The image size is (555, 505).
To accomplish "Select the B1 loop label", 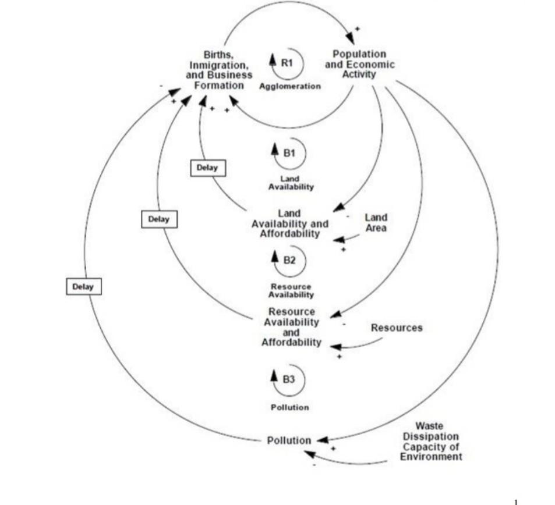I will click(x=289, y=153).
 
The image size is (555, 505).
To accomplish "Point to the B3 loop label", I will click(x=289, y=379).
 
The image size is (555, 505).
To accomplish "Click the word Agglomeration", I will click(x=289, y=86).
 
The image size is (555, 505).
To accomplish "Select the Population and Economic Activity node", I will click(x=359, y=64).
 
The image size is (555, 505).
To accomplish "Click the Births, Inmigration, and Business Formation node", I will click(x=219, y=70).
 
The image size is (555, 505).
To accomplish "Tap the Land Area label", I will click(x=376, y=223).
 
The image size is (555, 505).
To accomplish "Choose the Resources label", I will click(x=397, y=328).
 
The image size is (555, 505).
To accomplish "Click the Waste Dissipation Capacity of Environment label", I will click(x=430, y=442).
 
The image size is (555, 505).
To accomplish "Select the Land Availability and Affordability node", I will click(x=289, y=224).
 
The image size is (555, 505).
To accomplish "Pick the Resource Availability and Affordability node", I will click(x=291, y=327).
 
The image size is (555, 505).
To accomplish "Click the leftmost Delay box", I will click(x=83, y=287).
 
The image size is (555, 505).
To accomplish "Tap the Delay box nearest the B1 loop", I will click(x=207, y=168).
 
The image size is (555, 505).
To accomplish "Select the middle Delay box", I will click(x=158, y=219).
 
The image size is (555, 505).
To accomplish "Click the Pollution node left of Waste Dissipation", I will click(x=289, y=440).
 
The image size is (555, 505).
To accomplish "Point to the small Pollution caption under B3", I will click(x=289, y=407).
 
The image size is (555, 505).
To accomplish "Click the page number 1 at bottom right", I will click(x=516, y=501).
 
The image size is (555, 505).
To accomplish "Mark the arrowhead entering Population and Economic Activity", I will click(x=351, y=38).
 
